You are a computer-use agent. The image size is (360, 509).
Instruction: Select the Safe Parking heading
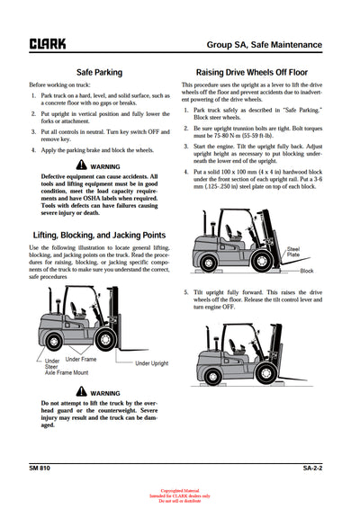coord(100,72)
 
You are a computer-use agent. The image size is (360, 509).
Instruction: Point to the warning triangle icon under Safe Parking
coord(83,165)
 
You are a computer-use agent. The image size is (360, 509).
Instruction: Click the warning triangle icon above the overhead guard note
coord(83,392)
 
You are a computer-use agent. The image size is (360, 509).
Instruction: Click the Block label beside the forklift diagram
coord(307,270)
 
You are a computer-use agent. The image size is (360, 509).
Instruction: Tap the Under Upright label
coord(152,363)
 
